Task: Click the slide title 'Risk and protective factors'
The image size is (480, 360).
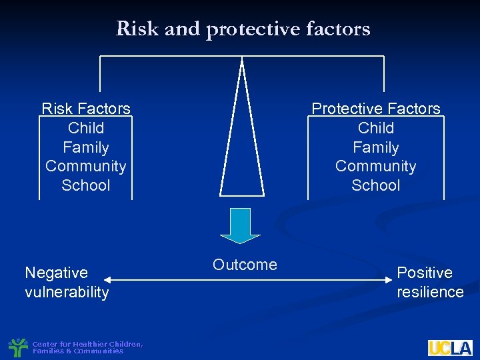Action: [243, 29]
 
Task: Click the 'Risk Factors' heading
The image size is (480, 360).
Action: [86, 109]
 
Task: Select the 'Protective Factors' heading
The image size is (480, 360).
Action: [376, 109]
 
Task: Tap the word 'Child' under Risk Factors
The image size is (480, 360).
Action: [86, 128]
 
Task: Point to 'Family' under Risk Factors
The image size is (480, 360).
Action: [86, 147]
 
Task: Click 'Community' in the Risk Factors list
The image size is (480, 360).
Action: [86, 166]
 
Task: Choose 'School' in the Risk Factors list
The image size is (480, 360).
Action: [86, 185]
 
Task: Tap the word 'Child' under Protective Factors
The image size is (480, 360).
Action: [376, 128]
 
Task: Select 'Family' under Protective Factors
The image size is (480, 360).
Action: [376, 147]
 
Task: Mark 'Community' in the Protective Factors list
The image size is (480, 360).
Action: [376, 166]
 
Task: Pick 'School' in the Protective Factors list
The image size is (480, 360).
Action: [376, 185]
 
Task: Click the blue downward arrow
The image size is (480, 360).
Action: [240, 225]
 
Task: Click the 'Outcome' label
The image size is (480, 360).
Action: [245, 265]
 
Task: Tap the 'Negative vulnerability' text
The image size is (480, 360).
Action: [66, 283]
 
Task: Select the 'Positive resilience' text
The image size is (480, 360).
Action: [430, 283]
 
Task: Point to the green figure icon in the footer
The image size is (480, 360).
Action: [18, 347]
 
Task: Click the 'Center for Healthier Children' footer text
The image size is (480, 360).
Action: [87, 344]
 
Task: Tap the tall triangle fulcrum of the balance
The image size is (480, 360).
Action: [242, 147]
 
